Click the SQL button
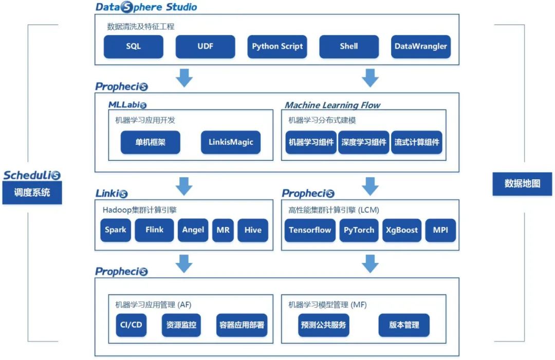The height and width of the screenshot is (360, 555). (134, 46)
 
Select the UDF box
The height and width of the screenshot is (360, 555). (205, 46)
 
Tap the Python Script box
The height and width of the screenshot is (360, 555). (277, 46)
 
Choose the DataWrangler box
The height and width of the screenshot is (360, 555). (421, 46)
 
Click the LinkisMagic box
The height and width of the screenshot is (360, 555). (231, 142)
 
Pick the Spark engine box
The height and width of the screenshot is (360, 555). (116, 230)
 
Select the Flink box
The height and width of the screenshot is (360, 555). (154, 230)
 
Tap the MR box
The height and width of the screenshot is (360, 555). (223, 230)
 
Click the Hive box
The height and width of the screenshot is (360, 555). (253, 230)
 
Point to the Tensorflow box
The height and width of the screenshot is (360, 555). (310, 230)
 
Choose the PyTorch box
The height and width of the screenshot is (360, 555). (359, 230)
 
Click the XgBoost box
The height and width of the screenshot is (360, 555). (402, 230)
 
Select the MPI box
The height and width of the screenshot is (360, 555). (440, 230)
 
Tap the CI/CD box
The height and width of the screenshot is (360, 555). (131, 325)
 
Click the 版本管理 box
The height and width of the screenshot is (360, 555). (404, 325)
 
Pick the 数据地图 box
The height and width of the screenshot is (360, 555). (522, 184)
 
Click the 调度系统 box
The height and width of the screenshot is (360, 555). (32, 193)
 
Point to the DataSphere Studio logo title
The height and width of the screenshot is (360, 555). (146, 7)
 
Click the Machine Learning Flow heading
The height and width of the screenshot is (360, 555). (332, 105)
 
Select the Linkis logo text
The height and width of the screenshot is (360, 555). (112, 194)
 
